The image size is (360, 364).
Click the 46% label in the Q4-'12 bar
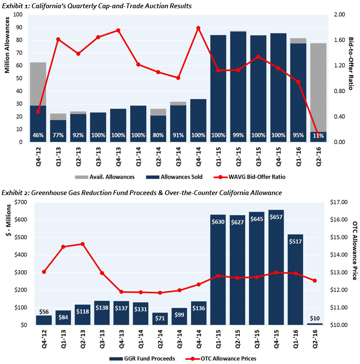38,136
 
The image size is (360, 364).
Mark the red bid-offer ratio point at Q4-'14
198,28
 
